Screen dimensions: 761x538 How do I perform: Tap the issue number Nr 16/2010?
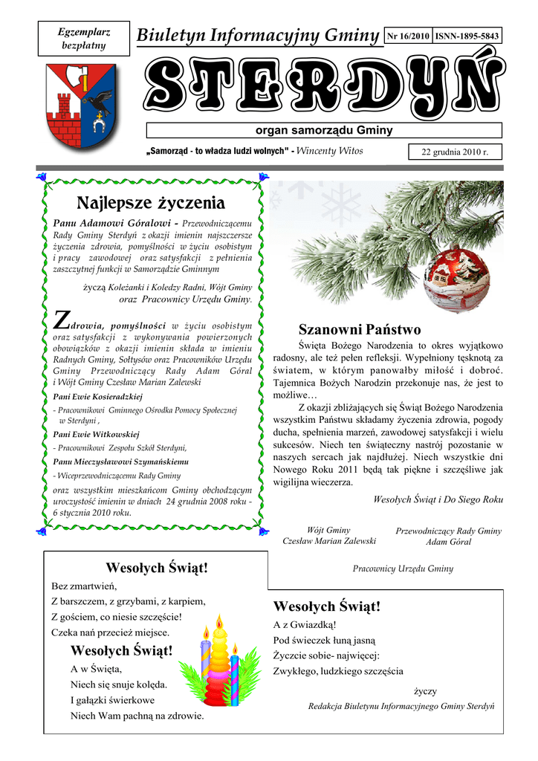point(408,36)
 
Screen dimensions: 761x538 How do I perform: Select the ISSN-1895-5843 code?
point(467,36)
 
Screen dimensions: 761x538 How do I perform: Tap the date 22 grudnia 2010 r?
point(455,152)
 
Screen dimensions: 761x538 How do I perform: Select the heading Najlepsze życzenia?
point(151,202)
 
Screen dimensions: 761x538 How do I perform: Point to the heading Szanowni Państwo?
point(360,329)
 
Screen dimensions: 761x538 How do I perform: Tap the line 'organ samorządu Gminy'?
point(324,131)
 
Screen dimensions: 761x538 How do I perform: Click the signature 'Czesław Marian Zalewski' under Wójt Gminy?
point(329,541)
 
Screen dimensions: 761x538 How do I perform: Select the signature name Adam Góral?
point(448,542)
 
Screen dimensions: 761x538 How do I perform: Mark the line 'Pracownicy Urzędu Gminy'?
point(403,569)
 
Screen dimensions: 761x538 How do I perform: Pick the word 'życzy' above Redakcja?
point(425,691)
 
